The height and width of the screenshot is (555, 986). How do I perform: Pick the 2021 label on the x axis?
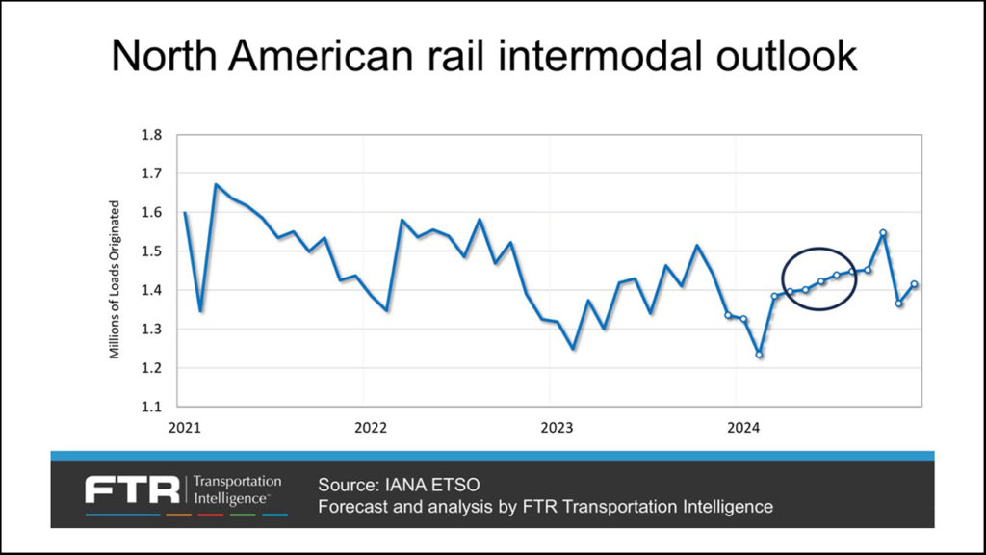184,426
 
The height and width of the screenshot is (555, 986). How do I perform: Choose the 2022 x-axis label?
371,426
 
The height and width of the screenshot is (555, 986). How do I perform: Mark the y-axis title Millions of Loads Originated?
115,279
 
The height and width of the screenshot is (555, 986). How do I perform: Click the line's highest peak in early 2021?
216,184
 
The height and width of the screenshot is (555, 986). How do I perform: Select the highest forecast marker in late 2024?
883,232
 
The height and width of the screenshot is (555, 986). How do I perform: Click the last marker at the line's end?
914,284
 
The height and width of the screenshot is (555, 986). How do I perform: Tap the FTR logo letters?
132,489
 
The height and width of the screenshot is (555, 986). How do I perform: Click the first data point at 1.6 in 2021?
185,212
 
